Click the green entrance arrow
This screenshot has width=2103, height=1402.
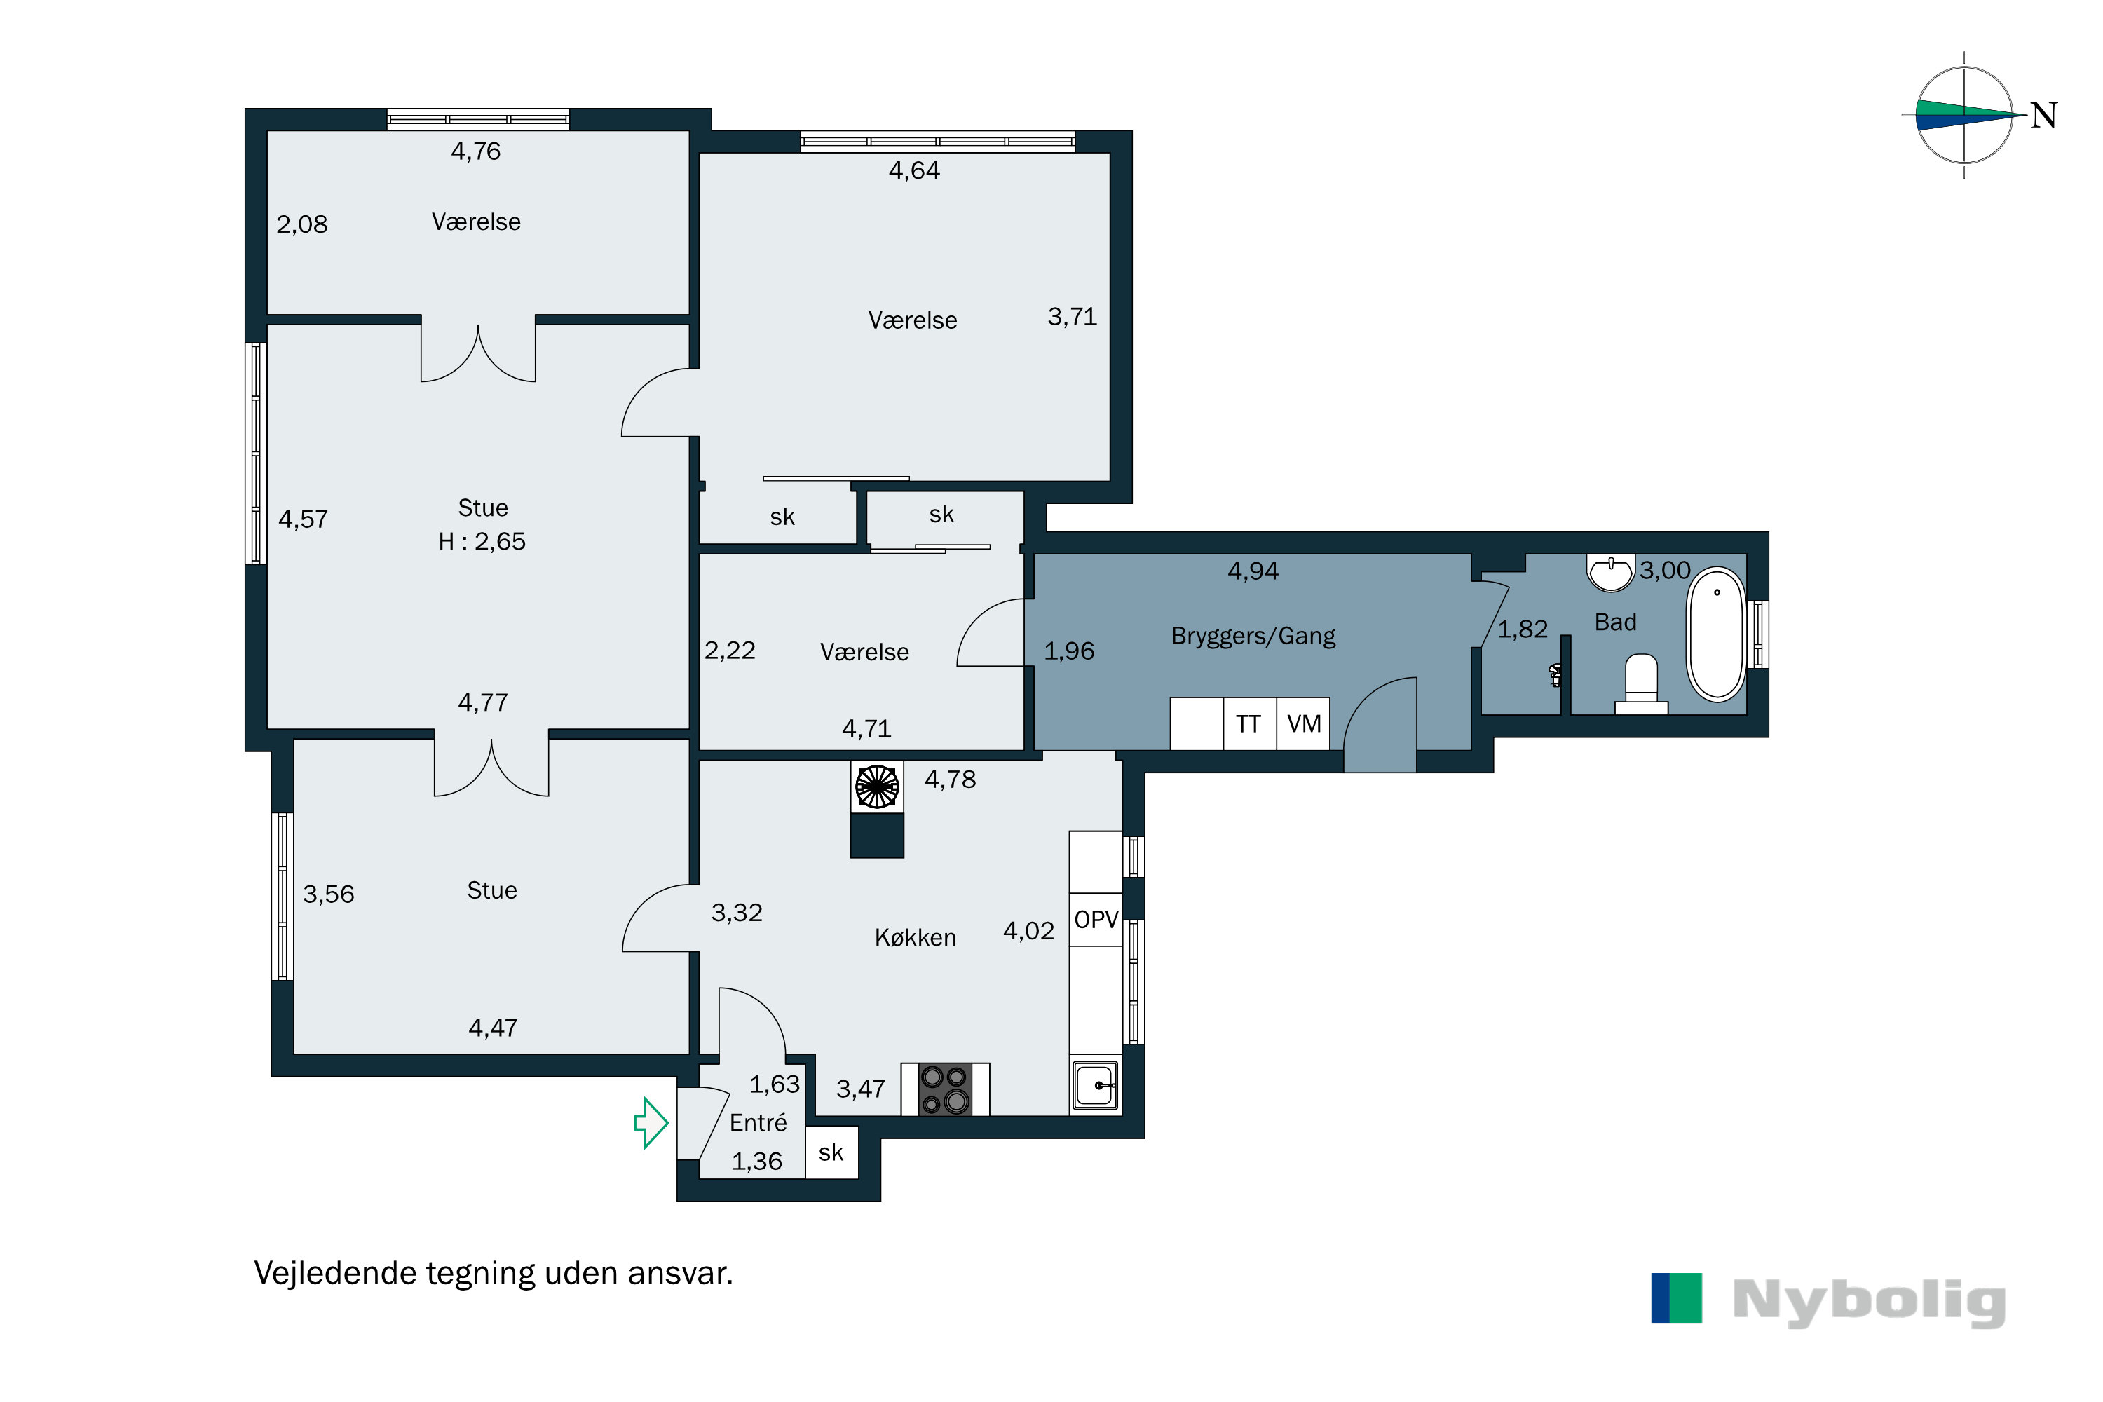coord(652,1122)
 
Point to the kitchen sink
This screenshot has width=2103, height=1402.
coord(1095,1085)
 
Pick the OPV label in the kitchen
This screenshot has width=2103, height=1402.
coord(1096,919)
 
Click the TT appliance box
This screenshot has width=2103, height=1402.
coord(1249,723)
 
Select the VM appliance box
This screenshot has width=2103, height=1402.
coord(1304,723)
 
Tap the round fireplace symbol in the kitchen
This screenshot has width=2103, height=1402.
coord(877,787)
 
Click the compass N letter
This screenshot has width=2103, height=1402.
coord(2044,116)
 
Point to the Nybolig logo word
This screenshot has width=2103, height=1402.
coord(1869,1301)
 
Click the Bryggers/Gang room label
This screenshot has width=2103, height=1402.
coord(1253,636)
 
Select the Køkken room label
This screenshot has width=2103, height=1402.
coord(916,937)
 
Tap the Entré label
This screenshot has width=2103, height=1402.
coord(758,1122)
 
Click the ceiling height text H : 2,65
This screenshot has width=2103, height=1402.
coord(482,541)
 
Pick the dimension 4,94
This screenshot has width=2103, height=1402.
coord(1253,571)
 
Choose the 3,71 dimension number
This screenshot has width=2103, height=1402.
coord(1072,317)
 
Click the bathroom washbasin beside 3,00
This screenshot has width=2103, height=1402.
coord(1610,572)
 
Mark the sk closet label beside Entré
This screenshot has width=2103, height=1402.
coord(831,1152)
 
